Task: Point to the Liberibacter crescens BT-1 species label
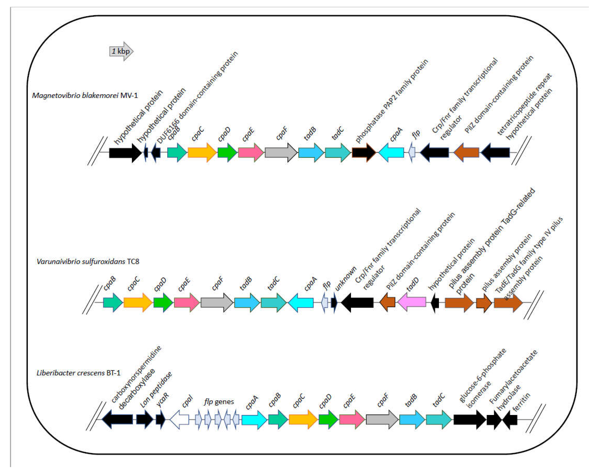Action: [x=79, y=373]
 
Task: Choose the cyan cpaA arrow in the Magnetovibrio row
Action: [x=391, y=152]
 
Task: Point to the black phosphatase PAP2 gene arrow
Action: [x=364, y=152]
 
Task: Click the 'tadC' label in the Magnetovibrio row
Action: [x=338, y=134]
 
